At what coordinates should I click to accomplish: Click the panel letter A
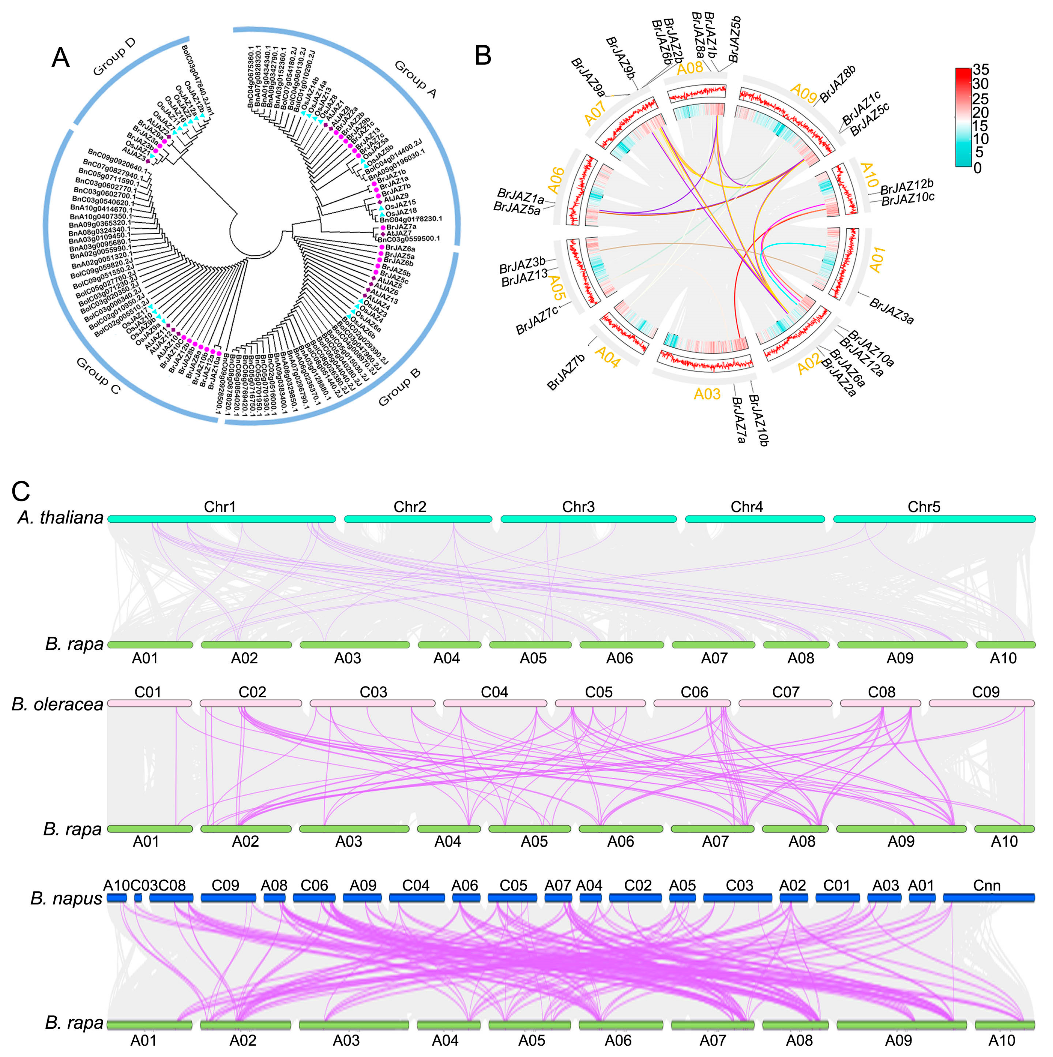[x=60, y=57]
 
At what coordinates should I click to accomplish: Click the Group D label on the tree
[x=114, y=57]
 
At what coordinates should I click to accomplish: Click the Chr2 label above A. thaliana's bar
[x=410, y=507]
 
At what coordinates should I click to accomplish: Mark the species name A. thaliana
[x=60, y=517]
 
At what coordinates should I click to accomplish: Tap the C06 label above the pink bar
[x=694, y=692]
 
